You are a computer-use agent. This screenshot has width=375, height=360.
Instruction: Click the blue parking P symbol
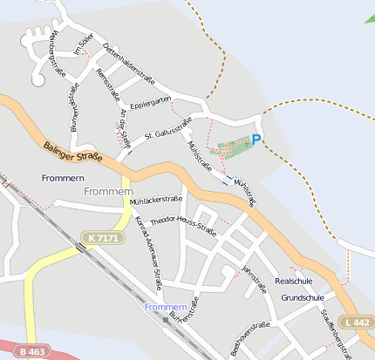click(256, 139)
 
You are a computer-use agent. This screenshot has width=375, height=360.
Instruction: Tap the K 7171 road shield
click(102, 238)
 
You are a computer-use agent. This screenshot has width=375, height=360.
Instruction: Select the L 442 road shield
click(358, 323)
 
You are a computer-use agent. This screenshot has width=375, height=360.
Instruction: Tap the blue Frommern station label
click(166, 309)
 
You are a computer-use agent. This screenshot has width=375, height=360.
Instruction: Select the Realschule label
click(293, 282)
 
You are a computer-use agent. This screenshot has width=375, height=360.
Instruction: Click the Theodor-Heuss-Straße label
click(183, 225)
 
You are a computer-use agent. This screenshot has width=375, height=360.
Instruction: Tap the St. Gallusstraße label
click(167, 132)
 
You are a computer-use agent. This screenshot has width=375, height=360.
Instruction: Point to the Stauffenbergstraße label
click(335, 334)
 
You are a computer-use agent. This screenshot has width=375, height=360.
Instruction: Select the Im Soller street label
click(84, 43)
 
